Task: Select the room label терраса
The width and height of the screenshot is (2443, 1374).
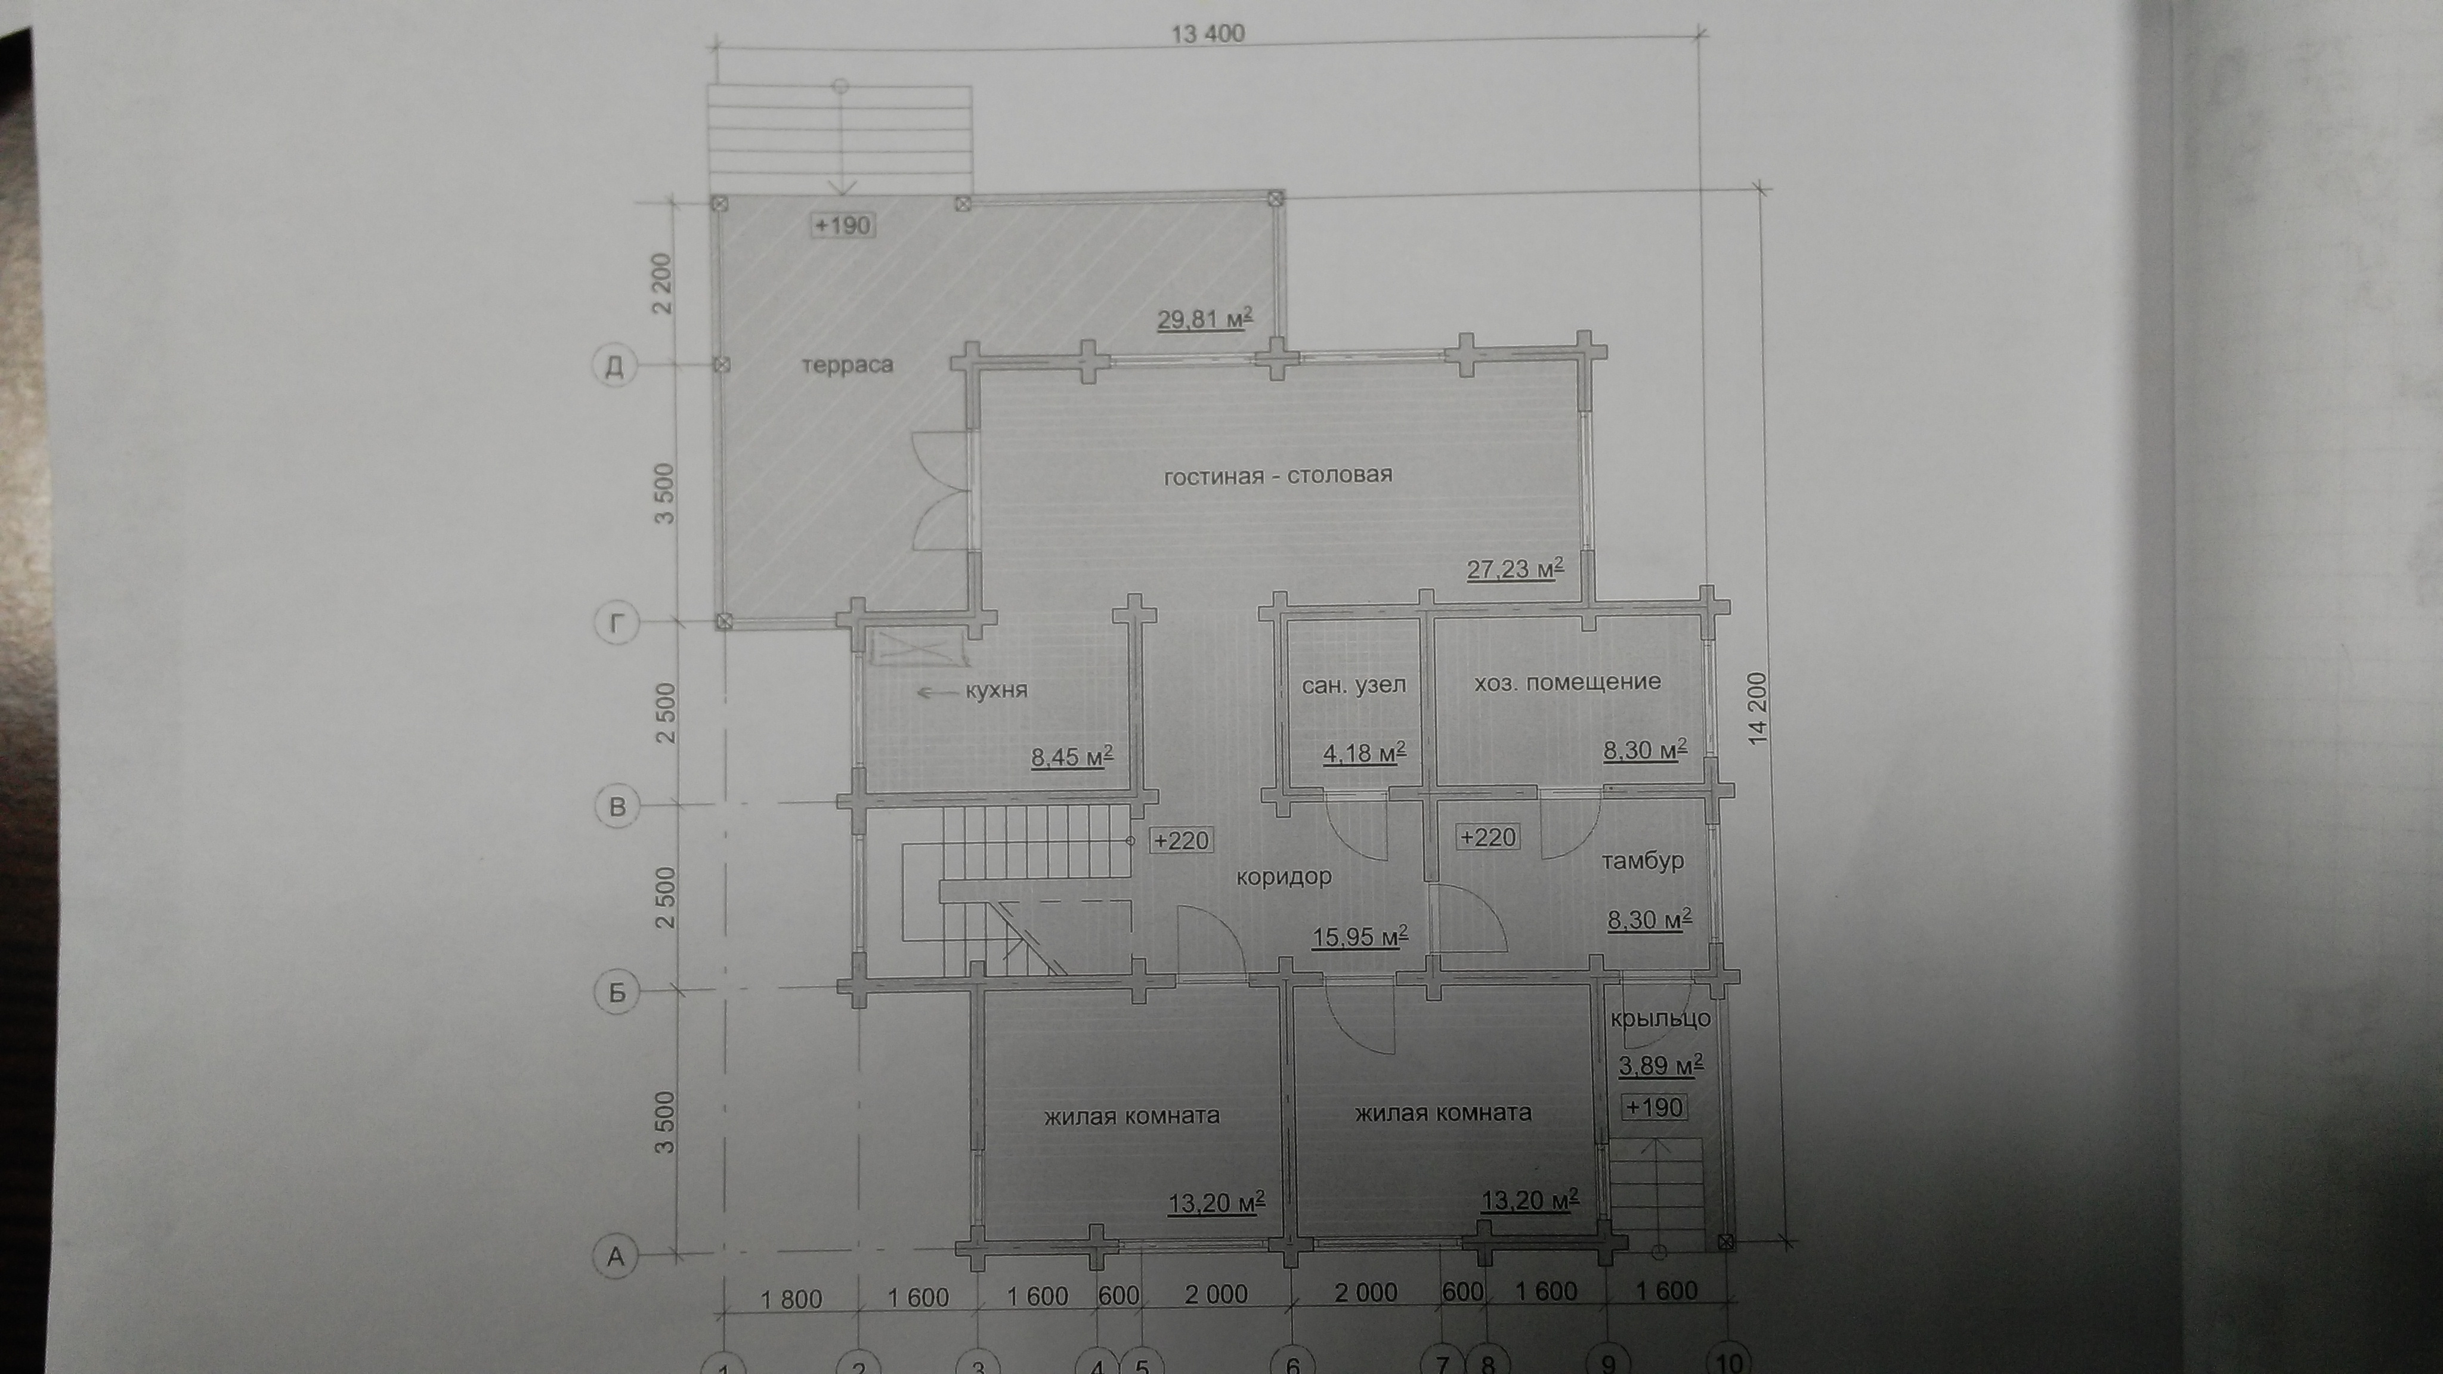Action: coord(847,365)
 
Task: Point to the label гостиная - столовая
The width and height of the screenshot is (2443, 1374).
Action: coord(1278,475)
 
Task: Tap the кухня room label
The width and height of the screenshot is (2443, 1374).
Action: coord(996,689)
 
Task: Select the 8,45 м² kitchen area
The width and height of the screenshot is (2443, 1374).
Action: coord(1072,757)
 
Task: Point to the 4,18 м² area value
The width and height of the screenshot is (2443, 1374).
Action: coord(1364,754)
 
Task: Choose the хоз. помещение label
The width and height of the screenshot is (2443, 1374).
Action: coord(1567,682)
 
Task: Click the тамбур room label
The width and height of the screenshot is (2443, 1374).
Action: coord(1643,861)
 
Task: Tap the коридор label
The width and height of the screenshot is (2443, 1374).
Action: coord(1284,877)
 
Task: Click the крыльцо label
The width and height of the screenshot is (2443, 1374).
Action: coord(1660,1019)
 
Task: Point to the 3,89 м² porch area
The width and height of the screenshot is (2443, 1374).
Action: coord(1660,1065)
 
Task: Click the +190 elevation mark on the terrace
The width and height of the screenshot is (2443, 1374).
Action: coord(842,225)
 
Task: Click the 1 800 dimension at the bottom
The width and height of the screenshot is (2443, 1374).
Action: coord(791,1298)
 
